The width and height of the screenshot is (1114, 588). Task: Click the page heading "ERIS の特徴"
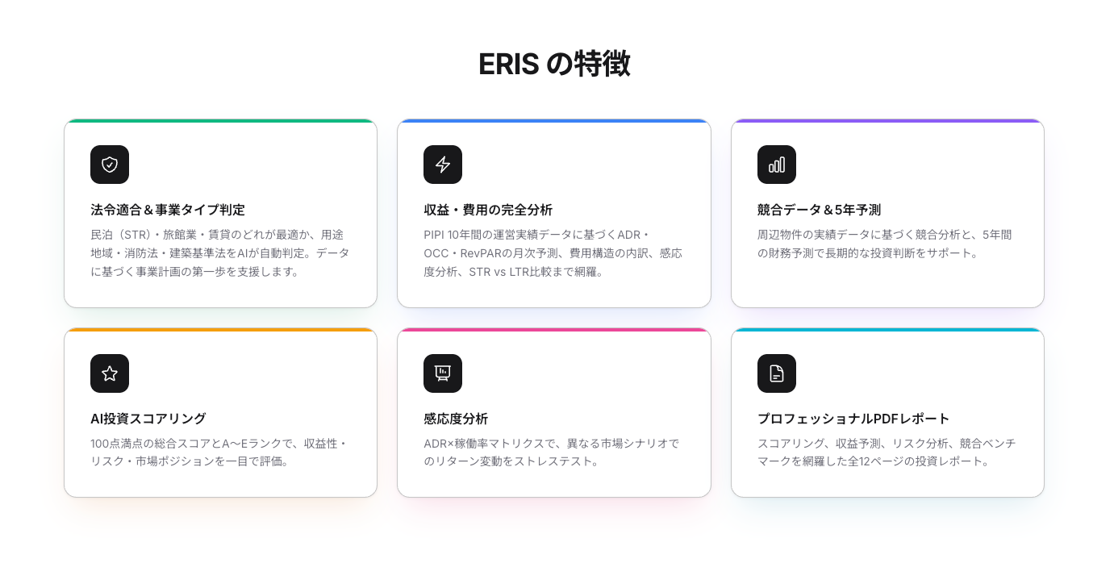click(554, 65)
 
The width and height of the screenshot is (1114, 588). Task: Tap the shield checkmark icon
click(110, 165)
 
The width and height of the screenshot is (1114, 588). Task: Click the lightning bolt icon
click(443, 165)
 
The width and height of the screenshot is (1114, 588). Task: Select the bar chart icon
click(777, 165)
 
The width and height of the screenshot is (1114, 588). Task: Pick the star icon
click(110, 373)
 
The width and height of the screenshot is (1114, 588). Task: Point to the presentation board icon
click(443, 373)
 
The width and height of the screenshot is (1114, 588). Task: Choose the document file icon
click(777, 373)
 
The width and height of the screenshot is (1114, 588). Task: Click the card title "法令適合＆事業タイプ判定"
click(168, 210)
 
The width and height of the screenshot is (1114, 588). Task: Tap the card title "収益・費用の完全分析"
click(488, 210)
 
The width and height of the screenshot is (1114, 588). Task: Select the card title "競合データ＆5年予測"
click(819, 210)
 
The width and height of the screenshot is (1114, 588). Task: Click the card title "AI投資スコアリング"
click(148, 419)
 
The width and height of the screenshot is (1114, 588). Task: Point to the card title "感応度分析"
click(456, 419)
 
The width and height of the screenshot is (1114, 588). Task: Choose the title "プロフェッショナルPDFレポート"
click(853, 419)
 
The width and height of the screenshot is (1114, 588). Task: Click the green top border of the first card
click(220, 121)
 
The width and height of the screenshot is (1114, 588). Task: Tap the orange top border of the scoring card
click(220, 330)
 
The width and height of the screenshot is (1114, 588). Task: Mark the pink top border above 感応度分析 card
click(554, 330)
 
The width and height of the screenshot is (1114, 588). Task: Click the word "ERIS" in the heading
click(508, 65)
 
